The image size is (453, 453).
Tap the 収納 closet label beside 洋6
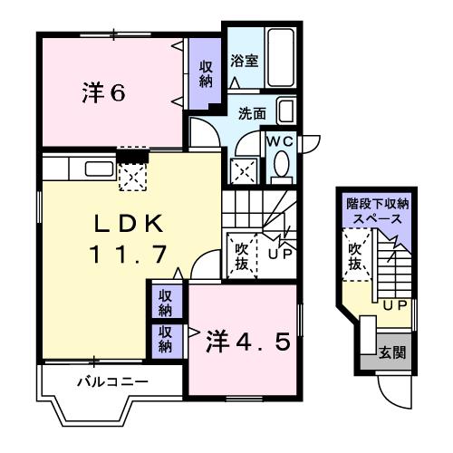click(x=207, y=74)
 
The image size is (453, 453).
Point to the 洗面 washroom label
click(x=252, y=114)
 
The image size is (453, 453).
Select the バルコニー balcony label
click(x=111, y=381)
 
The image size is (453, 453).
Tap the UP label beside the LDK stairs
click(x=279, y=253)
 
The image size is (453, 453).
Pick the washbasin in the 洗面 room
click(x=285, y=112)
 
